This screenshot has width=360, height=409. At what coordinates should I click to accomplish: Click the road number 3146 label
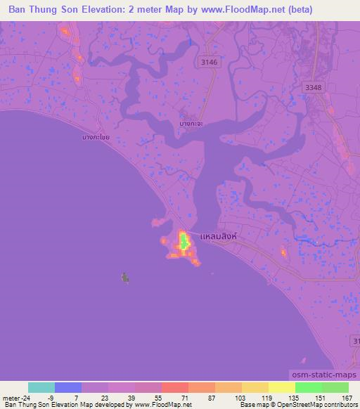pos(210,63)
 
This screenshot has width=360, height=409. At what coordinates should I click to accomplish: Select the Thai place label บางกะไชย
pos(94,138)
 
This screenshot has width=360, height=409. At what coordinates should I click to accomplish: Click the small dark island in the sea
pos(125,278)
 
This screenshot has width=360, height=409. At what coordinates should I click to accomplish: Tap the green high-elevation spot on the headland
pos(184,243)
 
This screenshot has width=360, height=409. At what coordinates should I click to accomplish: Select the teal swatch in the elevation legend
pos(41,387)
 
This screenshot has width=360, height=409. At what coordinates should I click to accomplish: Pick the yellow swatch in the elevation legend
pos(282,387)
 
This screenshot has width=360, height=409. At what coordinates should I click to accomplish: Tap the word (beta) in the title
pos(299,10)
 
